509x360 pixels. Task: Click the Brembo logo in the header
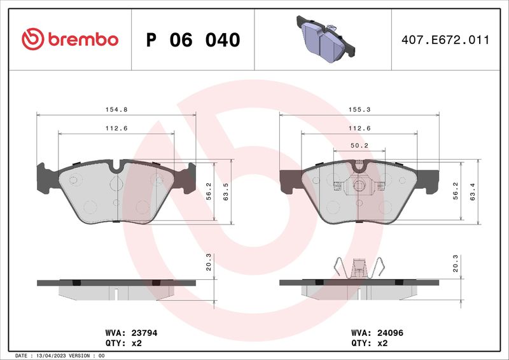[x=70, y=39]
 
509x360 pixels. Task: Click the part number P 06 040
[x=193, y=40]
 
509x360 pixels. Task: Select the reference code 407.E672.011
[x=445, y=40]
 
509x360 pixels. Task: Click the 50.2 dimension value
[x=359, y=146]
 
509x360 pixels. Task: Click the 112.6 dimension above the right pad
[x=359, y=128]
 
